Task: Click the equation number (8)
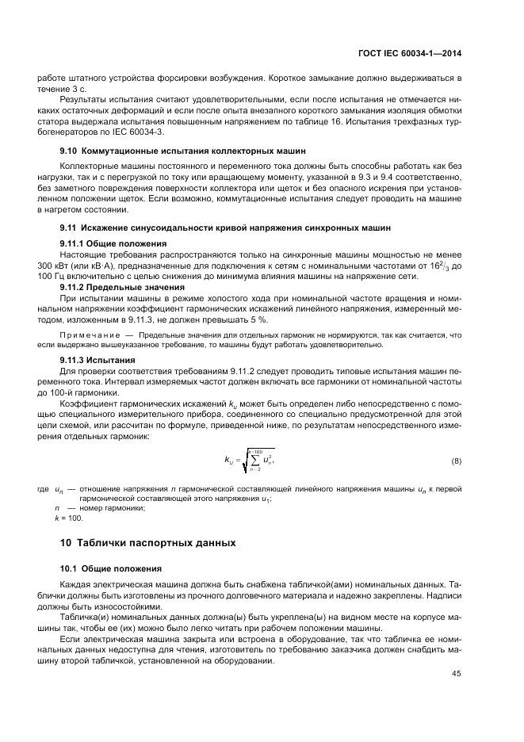point(456,461)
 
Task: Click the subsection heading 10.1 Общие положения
point(111,568)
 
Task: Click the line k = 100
point(68,518)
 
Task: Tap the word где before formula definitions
point(43,489)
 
